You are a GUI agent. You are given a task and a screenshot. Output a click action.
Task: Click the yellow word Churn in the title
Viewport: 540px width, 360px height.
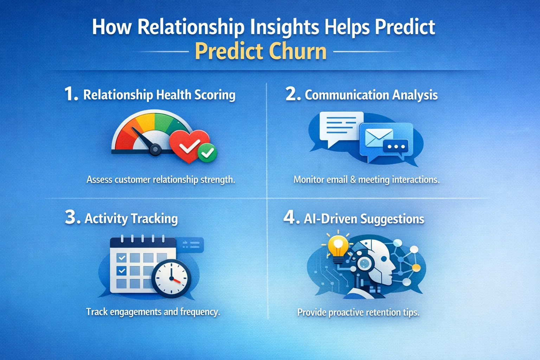298,51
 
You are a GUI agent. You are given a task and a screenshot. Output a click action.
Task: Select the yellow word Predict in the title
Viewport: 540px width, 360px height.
229,51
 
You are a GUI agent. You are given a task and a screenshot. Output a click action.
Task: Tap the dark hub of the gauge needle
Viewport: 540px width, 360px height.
155,149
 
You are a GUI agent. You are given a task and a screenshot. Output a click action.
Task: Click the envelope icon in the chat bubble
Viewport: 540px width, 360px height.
379,137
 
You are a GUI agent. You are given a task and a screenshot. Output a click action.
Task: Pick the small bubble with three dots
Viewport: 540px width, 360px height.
396,146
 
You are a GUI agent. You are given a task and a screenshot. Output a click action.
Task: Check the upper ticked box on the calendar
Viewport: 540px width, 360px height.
122,258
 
